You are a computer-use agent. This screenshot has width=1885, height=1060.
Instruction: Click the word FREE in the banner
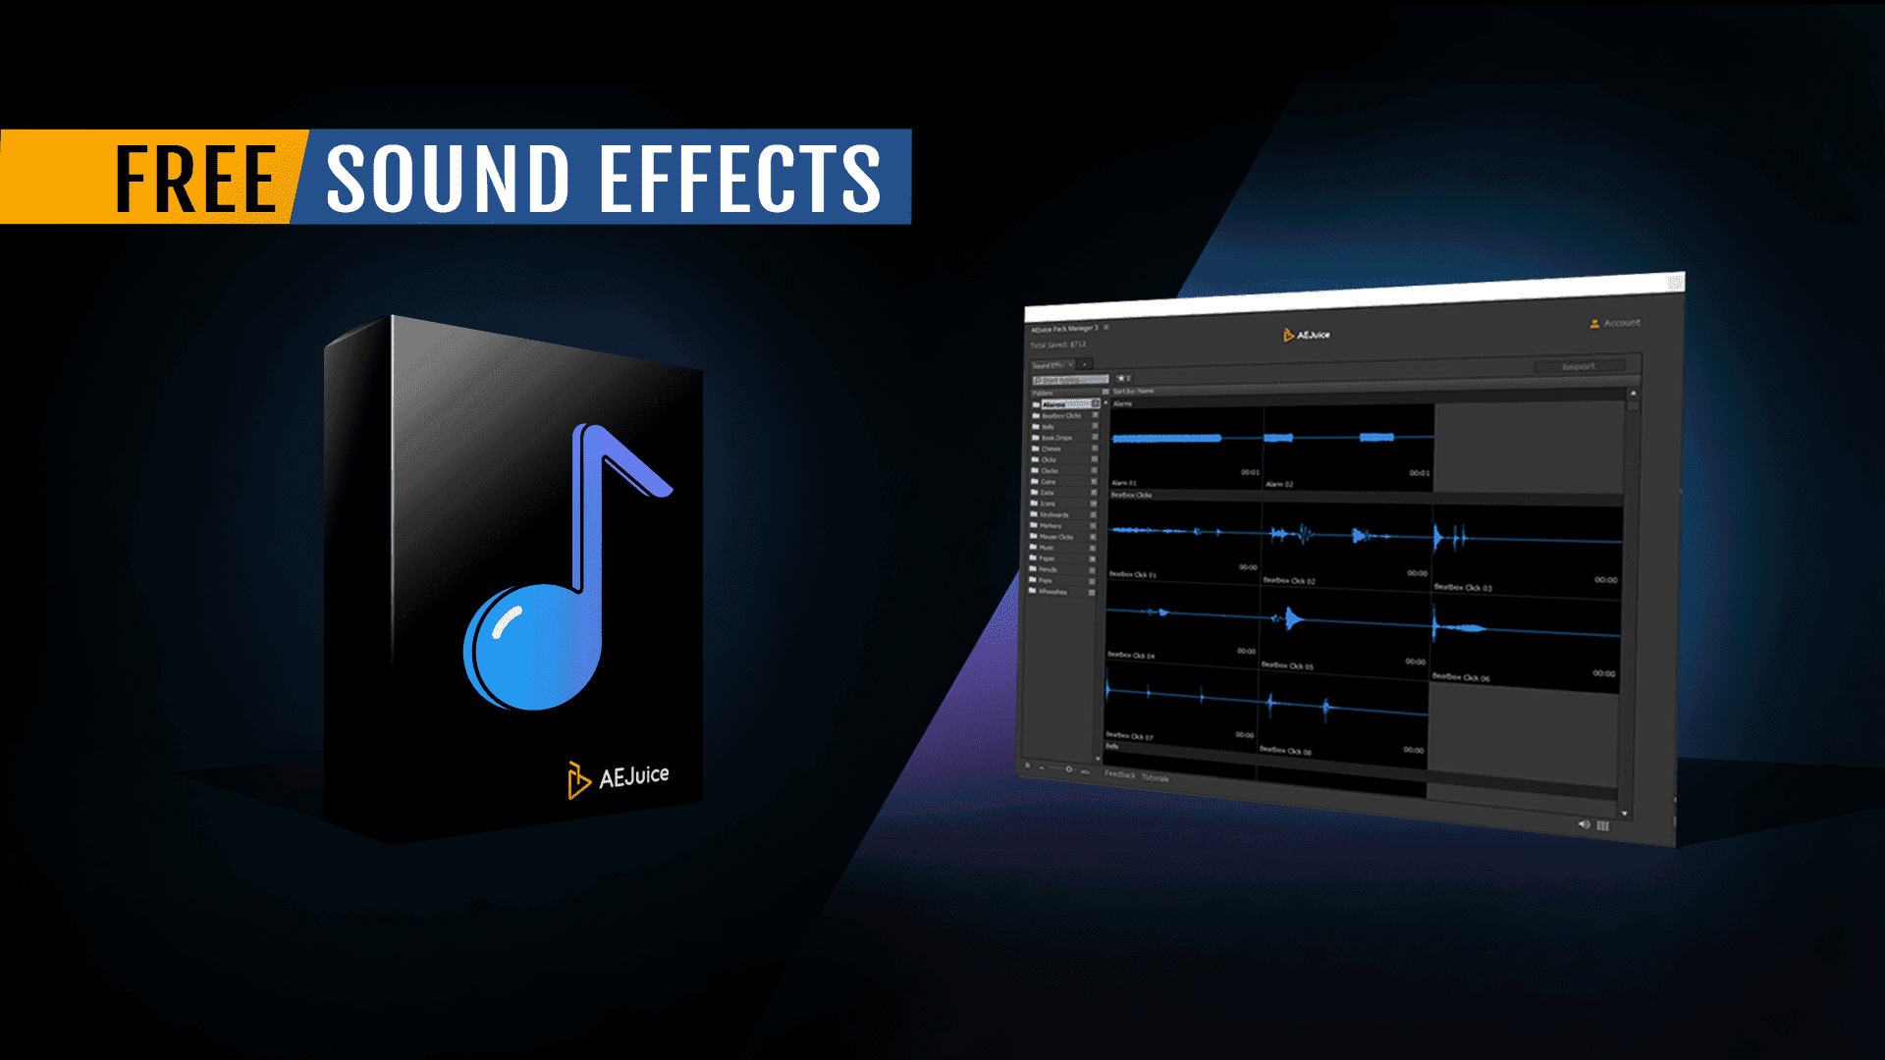pyautogui.click(x=196, y=179)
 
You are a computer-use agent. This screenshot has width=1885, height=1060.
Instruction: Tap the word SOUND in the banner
pyautogui.click(x=447, y=179)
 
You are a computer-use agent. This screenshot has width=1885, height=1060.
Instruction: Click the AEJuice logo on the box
pyautogui.click(x=619, y=778)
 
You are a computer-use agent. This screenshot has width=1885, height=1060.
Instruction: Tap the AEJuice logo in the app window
pyautogui.click(x=1307, y=336)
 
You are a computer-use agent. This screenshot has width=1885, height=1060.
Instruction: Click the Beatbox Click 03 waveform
pyautogui.click(x=1526, y=541)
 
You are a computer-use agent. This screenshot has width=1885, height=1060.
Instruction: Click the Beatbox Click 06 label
pyautogui.click(x=1461, y=677)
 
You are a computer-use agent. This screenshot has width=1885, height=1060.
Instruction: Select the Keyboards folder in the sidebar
pyautogui.click(x=1054, y=514)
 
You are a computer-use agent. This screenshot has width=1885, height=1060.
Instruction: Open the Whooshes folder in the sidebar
pyautogui.click(x=1052, y=592)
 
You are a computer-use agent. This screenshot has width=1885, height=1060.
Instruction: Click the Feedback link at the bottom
pyautogui.click(x=1119, y=774)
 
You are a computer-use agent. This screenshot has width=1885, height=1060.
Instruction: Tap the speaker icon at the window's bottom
pyautogui.click(x=1583, y=824)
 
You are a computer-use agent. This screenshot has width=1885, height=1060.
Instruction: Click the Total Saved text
pyautogui.click(x=1058, y=344)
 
